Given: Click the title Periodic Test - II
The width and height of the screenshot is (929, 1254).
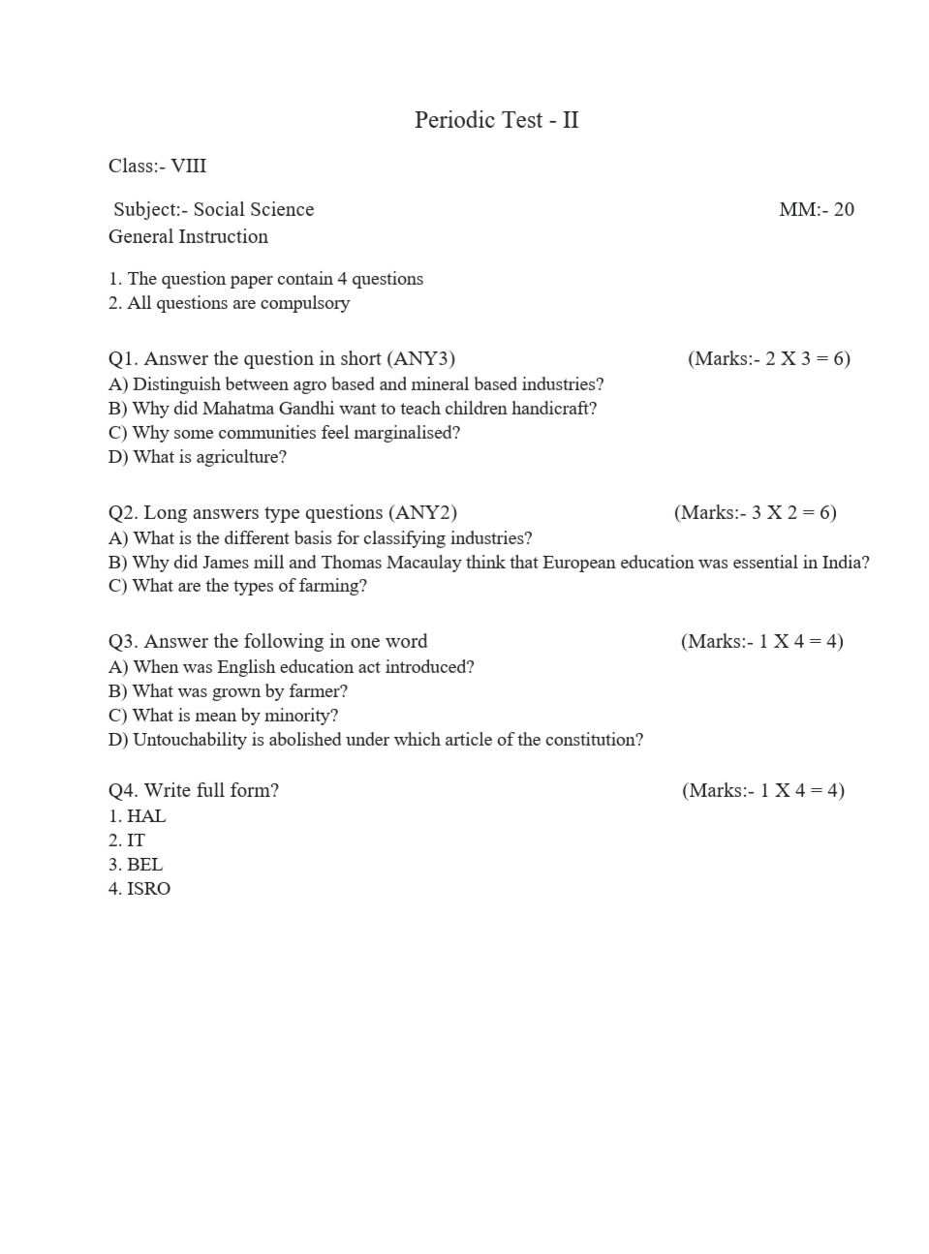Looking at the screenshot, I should tap(496, 120).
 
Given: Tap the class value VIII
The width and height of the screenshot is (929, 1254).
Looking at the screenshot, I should tap(188, 166).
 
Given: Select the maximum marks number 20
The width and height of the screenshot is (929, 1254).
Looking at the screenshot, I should tap(843, 209).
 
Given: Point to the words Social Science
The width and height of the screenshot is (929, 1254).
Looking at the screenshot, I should tap(254, 209).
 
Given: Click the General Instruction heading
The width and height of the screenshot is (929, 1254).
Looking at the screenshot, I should tap(188, 236).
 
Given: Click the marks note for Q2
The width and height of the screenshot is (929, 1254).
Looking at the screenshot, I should tap(755, 512).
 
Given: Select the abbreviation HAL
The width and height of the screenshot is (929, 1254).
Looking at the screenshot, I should tap(146, 816).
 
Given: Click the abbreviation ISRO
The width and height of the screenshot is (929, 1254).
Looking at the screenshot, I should tap(148, 889).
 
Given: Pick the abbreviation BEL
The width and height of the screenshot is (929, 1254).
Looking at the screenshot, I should tap(144, 865).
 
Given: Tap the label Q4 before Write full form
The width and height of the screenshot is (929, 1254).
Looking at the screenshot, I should tap(122, 790).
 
